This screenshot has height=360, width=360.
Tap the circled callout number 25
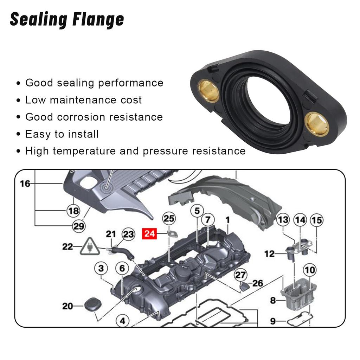click(169, 219)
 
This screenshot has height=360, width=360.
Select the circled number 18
click(73, 211)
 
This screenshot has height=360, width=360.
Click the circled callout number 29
click(79, 226)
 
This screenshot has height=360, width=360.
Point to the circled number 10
click(309, 270)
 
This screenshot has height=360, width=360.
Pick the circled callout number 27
click(241, 275)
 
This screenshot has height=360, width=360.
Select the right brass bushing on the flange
click(317, 124)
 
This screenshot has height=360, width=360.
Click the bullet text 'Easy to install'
click(62, 134)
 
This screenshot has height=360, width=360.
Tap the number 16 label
click(25, 184)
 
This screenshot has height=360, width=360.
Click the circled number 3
click(101, 269)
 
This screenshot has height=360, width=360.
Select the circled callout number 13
click(283, 220)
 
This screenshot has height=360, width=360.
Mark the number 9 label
click(273, 321)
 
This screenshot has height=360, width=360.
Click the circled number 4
click(122, 321)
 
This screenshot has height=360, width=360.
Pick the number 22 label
click(67, 247)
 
